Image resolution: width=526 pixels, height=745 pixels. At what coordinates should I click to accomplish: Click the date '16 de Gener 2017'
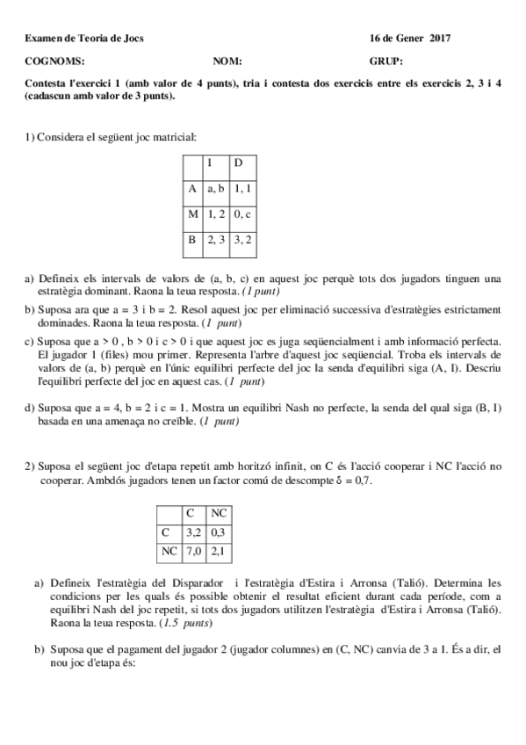pyautogui.click(x=410, y=39)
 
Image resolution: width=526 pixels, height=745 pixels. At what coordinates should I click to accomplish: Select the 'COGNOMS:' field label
pyautogui.click(x=54, y=61)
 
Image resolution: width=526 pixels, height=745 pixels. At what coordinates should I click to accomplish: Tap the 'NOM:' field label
pyautogui.click(x=227, y=61)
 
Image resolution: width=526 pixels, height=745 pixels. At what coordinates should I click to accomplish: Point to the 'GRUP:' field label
pyautogui.click(x=386, y=61)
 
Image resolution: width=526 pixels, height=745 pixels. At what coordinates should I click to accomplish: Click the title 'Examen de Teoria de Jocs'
pyautogui.click(x=84, y=39)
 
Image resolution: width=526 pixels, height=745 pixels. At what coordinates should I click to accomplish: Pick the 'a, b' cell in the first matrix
pyautogui.click(x=216, y=188)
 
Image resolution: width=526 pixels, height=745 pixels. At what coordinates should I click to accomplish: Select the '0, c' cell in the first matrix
pyautogui.click(x=243, y=213)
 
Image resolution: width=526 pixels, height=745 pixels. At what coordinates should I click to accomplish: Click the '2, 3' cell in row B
pyautogui.click(x=216, y=239)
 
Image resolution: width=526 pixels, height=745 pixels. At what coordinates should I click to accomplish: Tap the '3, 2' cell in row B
pyautogui.click(x=243, y=239)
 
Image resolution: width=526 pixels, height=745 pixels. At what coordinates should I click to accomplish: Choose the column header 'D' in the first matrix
pyautogui.click(x=239, y=163)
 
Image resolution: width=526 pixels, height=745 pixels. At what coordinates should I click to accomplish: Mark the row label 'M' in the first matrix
pyautogui.click(x=192, y=213)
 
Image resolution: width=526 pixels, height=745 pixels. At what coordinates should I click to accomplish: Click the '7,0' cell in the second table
pyautogui.click(x=193, y=551)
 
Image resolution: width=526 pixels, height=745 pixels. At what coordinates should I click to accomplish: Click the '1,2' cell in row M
pyautogui.click(x=216, y=213)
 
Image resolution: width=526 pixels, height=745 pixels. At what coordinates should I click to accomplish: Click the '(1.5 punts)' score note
pyautogui.click(x=186, y=623)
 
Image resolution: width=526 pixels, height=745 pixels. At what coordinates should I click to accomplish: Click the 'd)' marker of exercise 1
pyautogui.click(x=30, y=407)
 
